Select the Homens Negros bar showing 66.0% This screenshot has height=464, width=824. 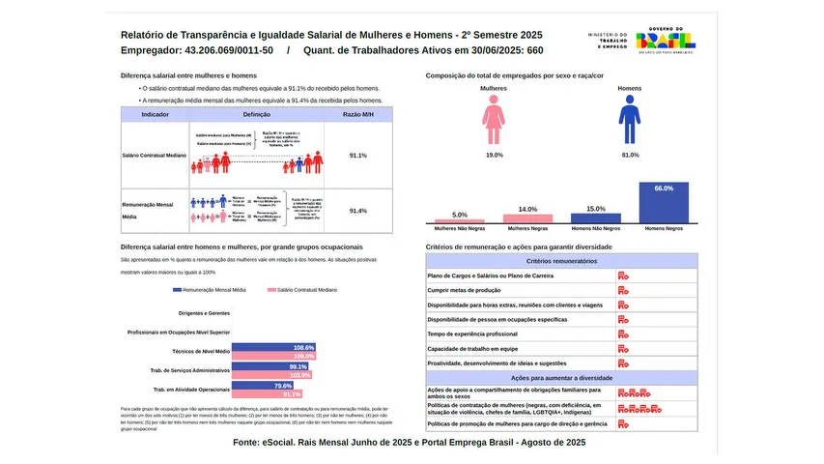(664, 203)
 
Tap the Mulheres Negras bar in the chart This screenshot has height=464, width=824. (527, 218)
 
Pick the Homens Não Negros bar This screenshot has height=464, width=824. (596, 217)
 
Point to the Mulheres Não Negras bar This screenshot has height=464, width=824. (460, 220)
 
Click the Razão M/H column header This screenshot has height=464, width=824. (358, 114)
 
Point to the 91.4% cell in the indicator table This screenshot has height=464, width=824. (358, 211)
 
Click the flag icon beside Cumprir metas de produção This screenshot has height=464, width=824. (623, 290)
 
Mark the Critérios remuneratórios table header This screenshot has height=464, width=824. (560, 261)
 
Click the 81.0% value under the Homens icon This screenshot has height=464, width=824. (631, 155)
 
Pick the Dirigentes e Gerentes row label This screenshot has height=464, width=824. (205, 313)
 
